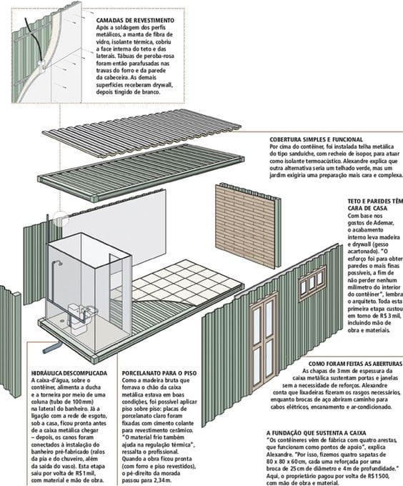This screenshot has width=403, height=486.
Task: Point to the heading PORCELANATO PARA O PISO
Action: coord(159,373)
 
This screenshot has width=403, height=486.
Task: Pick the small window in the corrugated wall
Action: coord(312,284)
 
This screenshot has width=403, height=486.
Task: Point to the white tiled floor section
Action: coord(186,278)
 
